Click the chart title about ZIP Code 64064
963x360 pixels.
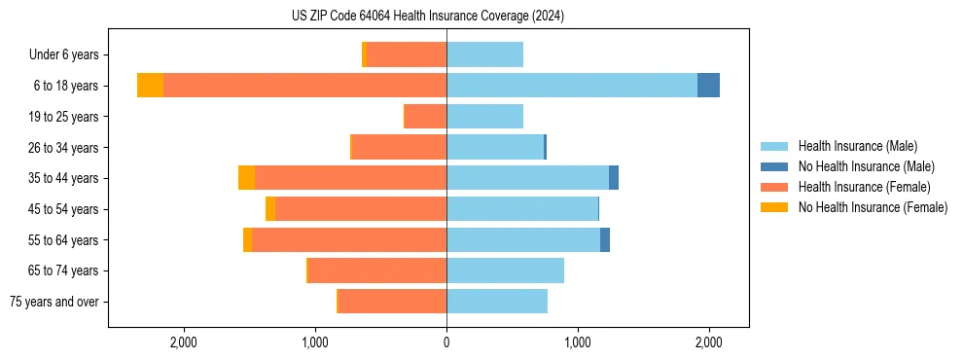pos(427,16)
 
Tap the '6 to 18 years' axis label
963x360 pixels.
pos(66,86)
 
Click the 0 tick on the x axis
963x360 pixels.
pos(446,342)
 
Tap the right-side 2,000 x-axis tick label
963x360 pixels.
pos(709,342)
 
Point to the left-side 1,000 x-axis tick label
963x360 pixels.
pos(315,342)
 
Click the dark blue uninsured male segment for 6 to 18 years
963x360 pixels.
pos(708,86)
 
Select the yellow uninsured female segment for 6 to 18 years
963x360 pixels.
pos(150,86)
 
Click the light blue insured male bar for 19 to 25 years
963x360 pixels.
pos(484,117)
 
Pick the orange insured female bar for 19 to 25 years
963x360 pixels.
pos(426,117)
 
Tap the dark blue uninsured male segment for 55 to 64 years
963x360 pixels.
pos(605,239)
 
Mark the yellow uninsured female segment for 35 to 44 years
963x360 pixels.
pos(246,178)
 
